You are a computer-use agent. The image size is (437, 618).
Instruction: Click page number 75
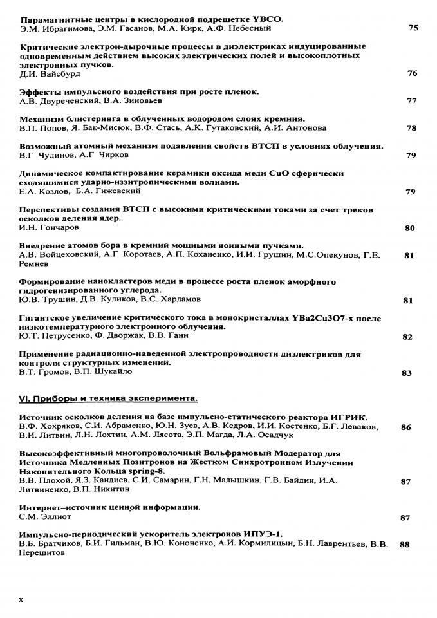pyautogui.click(x=413, y=28)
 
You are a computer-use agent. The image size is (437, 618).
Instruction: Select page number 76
pyautogui.click(x=413, y=73)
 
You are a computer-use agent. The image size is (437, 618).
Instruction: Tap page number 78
pyautogui.click(x=412, y=128)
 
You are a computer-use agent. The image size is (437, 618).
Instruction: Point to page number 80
pyautogui.click(x=409, y=228)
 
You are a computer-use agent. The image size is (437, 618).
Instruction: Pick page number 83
pyautogui.click(x=406, y=373)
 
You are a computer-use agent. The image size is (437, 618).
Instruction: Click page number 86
pyautogui.click(x=405, y=427)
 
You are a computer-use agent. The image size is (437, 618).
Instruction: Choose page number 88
pyautogui.click(x=405, y=544)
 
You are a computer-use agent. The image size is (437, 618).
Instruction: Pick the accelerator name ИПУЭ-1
pyautogui.click(x=262, y=534)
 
